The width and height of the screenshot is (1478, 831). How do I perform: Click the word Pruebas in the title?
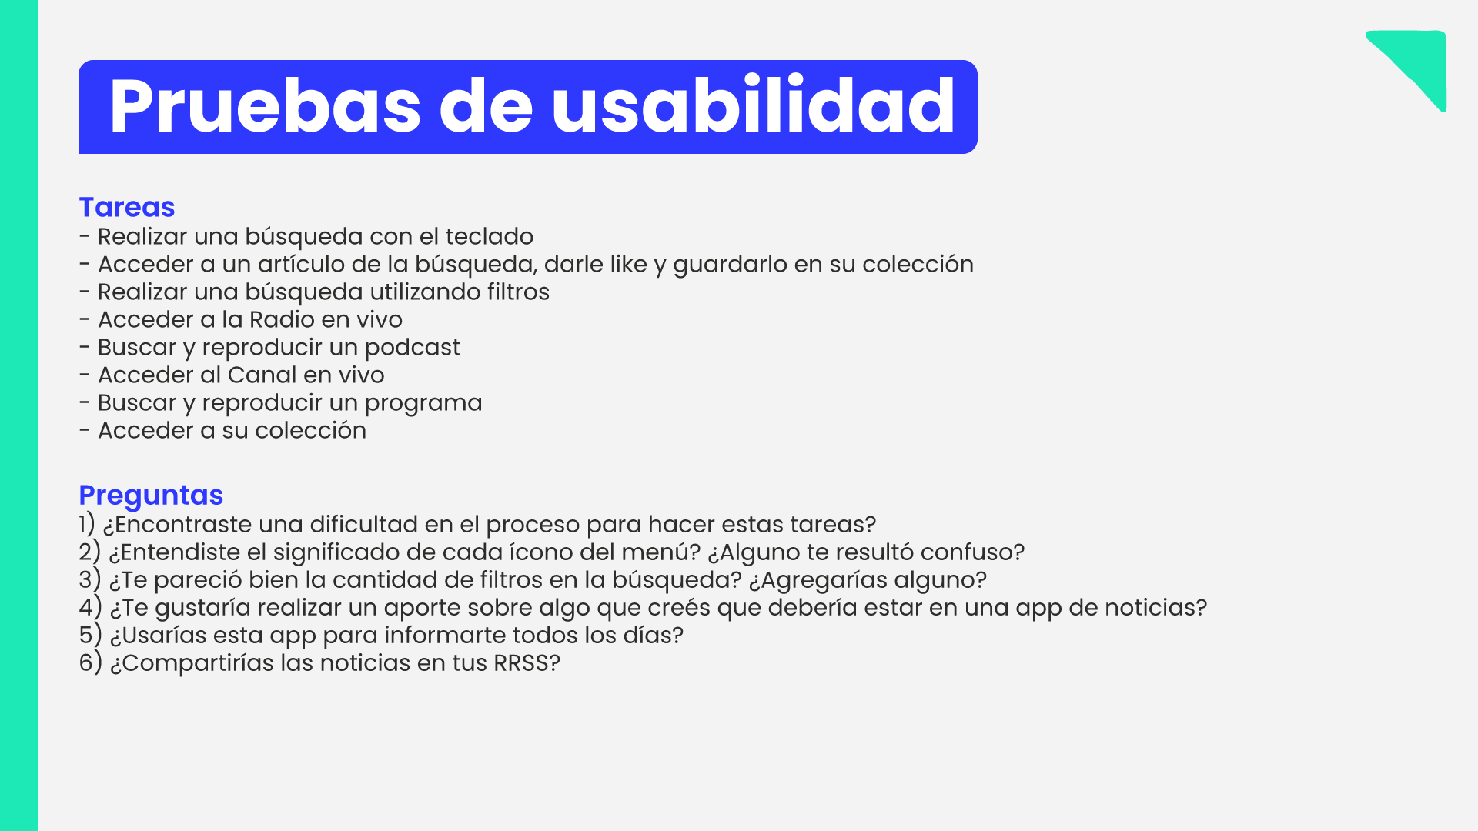(265, 107)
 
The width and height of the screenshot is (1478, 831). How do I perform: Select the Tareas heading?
(127, 207)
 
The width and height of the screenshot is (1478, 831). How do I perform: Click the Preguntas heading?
(151, 496)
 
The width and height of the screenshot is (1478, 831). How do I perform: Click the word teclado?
(490, 236)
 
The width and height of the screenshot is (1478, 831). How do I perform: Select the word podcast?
(412, 348)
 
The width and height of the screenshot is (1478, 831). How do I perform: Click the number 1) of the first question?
(87, 524)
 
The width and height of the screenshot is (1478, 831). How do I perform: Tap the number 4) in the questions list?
(90, 607)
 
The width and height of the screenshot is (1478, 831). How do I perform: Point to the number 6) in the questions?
(90, 662)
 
